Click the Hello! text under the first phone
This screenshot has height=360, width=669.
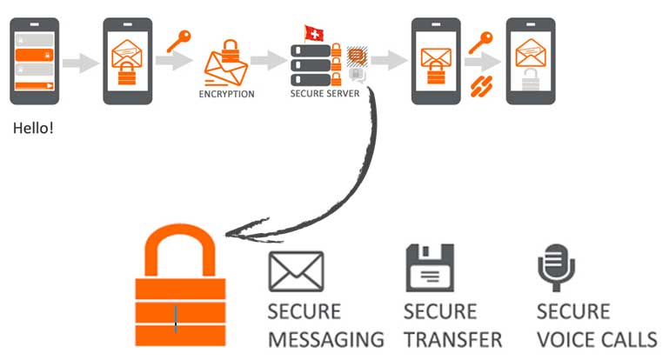[33, 128]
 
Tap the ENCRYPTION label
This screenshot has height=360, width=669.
[226, 94]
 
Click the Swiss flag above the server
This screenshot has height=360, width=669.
[314, 33]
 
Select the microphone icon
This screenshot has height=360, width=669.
[553, 267]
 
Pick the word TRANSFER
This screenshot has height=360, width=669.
[452, 339]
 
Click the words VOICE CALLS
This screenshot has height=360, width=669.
[596, 339]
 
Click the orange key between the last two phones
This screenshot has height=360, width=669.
[479, 42]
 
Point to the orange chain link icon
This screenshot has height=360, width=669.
[479, 85]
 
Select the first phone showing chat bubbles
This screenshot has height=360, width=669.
[34, 60]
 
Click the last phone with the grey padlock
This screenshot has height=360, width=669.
[531, 60]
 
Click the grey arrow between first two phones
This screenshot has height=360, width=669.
[81, 63]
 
